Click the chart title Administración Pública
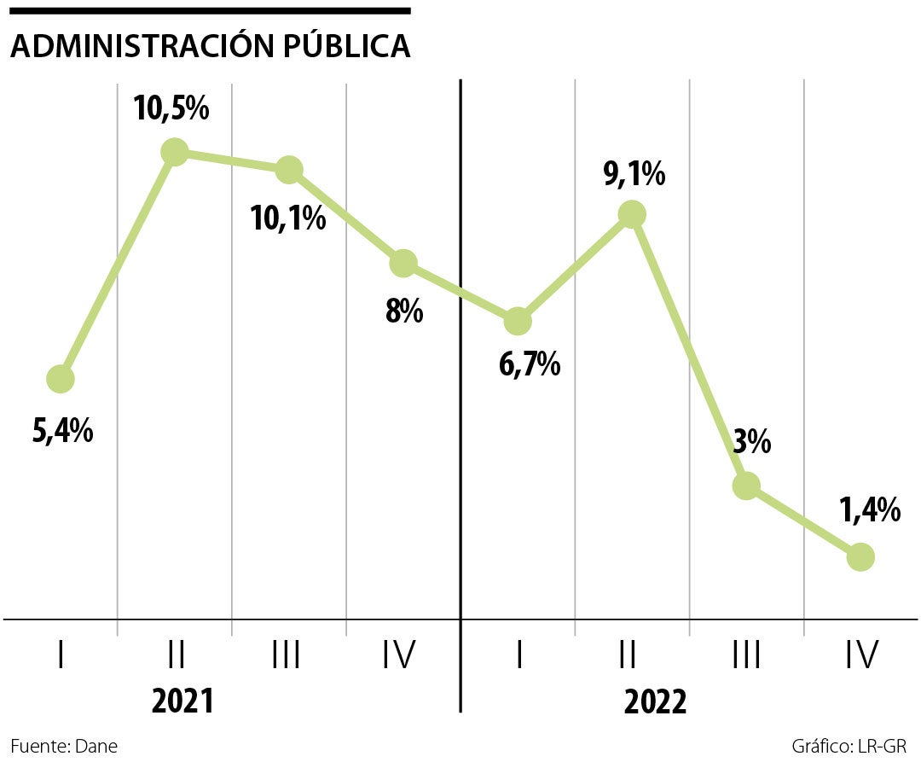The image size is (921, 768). pyautogui.click(x=210, y=47)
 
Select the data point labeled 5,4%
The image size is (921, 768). pyautogui.click(x=60, y=378)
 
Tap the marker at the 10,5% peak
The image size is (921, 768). pyautogui.click(x=174, y=152)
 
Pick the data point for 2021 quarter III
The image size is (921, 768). pyautogui.click(x=288, y=169)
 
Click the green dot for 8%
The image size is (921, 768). pyautogui.click(x=403, y=263)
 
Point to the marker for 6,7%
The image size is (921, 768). pyautogui.click(x=517, y=322)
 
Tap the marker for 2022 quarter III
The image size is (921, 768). pyautogui.click(x=746, y=486)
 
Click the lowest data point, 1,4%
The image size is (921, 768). pyautogui.click(x=860, y=557)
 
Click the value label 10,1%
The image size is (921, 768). pyautogui.click(x=287, y=218)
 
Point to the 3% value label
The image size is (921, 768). pyautogui.click(x=750, y=443)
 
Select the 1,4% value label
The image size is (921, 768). pyautogui.click(x=869, y=511)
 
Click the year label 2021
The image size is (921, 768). pyautogui.click(x=182, y=701)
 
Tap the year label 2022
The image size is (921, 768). pyautogui.click(x=655, y=703)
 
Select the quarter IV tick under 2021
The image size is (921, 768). pyautogui.click(x=397, y=655)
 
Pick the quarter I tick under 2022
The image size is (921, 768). pyautogui.click(x=519, y=655)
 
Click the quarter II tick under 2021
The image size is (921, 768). pyautogui.click(x=176, y=655)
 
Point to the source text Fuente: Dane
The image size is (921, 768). pyautogui.click(x=64, y=746)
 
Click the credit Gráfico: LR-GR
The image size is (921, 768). pyautogui.click(x=849, y=746)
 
